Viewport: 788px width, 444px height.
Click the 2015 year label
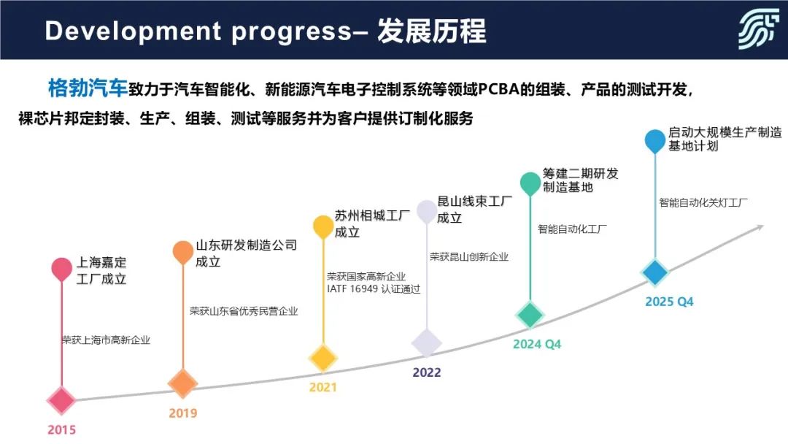coord(61,430)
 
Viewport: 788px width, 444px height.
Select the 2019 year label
coord(183,413)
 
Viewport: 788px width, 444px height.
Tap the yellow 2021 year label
coord(322,387)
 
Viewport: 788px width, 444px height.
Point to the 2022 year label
coord(427,372)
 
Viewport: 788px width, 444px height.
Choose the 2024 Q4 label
coord(537,345)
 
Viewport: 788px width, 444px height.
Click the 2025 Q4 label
coord(669,302)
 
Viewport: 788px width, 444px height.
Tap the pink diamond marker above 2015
coord(61,400)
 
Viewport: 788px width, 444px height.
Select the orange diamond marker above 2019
coord(182,383)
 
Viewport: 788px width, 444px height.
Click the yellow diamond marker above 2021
coord(322,358)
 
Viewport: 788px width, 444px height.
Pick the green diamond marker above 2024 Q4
coord(530,315)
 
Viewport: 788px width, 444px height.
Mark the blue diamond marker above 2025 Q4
coord(654,272)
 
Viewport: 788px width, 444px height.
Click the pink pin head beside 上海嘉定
coord(62,269)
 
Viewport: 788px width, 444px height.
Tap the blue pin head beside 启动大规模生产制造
coord(654,141)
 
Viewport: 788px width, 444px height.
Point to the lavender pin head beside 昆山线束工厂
coord(427,212)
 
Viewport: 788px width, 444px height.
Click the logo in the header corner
coord(758,30)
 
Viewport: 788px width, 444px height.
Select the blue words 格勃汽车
coord(88,88)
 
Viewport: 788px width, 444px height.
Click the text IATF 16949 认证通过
coord(374,289)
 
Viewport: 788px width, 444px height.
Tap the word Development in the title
coord(134,31)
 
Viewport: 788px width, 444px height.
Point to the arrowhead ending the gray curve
coord(759,229)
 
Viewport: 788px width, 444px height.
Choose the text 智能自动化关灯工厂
coord(703,202)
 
